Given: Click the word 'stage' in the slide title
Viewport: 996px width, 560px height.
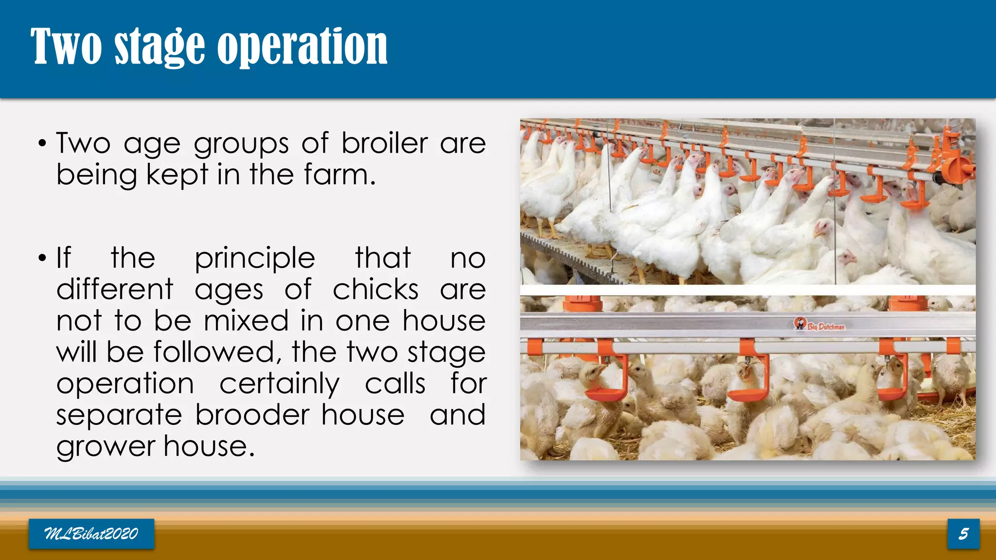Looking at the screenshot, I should [x=160, y=47].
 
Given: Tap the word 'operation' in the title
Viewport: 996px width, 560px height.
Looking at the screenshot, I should [x=302, y=47].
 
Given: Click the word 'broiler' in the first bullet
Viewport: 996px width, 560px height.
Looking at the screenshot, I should [x=384, y=143].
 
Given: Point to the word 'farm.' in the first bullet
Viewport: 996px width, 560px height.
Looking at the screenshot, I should [x=340, y=175].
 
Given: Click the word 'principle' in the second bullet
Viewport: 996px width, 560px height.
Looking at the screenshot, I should [x=255, y=258].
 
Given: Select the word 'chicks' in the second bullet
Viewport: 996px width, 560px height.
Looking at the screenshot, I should [x=375, y=290].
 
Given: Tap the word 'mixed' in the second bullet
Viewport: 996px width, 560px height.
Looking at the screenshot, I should [x=246, y=321].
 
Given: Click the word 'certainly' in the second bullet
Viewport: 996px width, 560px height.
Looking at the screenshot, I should [x=279, y=384].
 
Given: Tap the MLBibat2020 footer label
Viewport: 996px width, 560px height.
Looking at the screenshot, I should [x=91, y=534].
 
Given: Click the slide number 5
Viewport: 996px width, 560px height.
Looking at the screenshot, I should [x=963, y=534].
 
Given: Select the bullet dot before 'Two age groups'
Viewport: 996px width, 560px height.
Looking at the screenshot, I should [x=43, y=144].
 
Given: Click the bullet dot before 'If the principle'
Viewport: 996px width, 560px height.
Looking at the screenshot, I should [x=43, y=258].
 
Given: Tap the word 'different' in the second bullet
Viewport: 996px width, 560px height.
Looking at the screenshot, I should [x=115, y=290].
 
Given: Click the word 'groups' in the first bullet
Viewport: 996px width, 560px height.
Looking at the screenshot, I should [x=241, y=144].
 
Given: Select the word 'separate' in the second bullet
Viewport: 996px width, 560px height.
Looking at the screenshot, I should [x=119, y=416].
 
